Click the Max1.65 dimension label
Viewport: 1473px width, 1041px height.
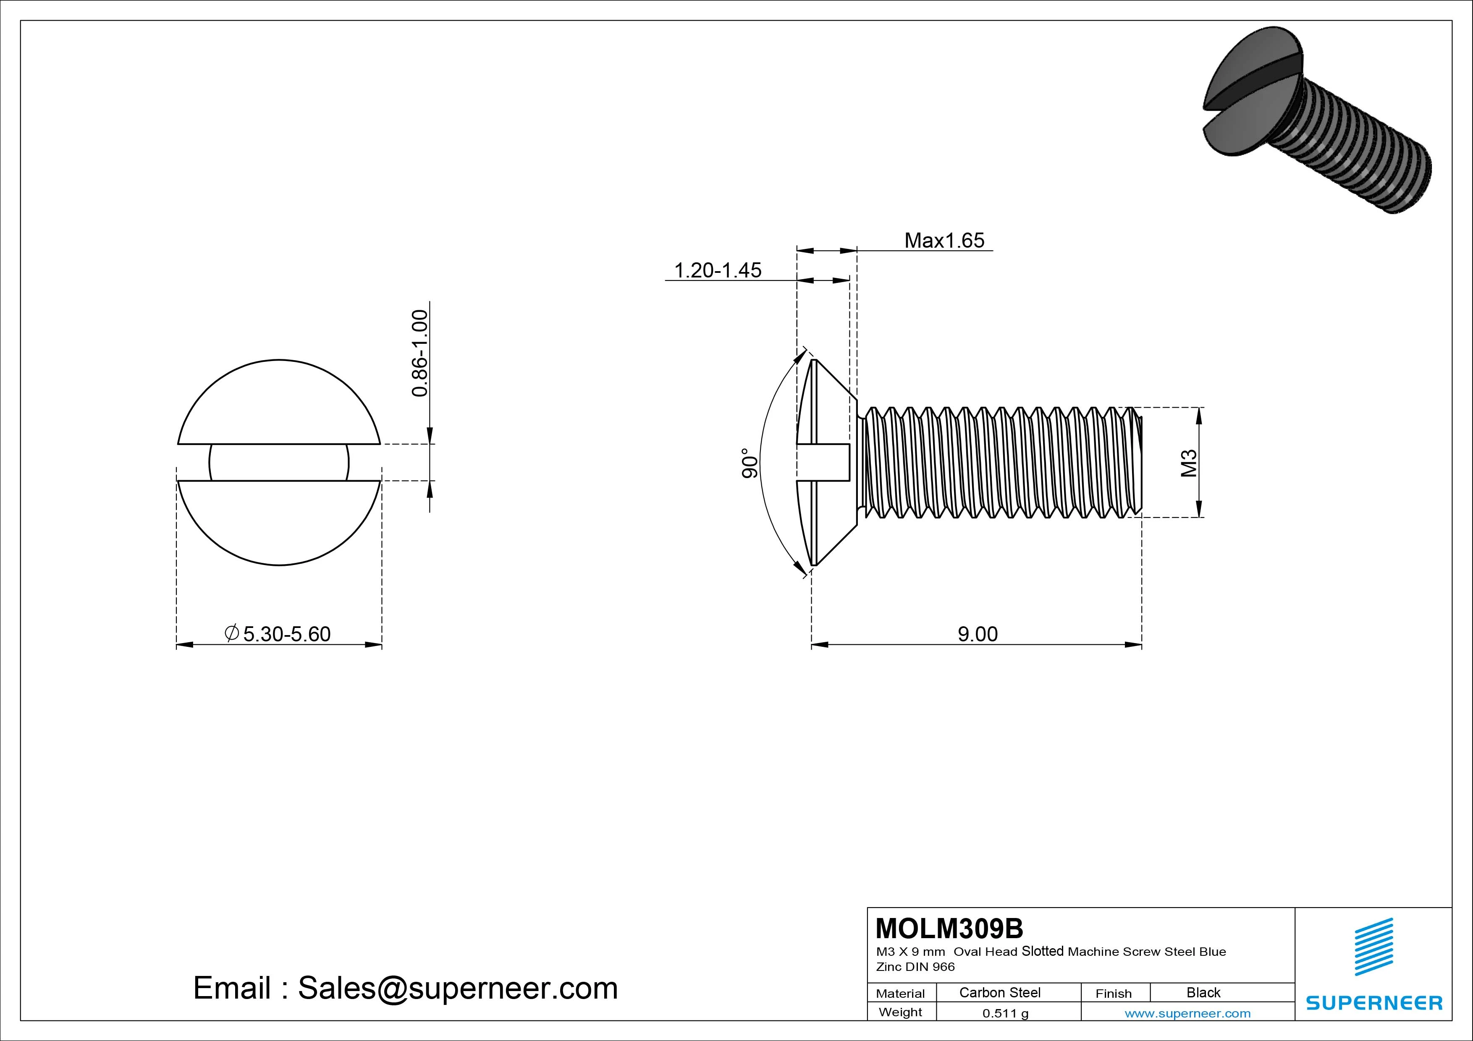coord(944,241)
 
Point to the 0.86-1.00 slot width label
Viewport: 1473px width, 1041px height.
coord(419,353)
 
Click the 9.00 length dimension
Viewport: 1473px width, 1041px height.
coord(977,634)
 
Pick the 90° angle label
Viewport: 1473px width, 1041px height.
coord(750,463)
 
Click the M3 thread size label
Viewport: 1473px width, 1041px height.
coord(1189,463)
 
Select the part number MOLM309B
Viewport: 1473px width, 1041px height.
coord(949,928)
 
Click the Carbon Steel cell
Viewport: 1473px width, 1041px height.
coord(999,992)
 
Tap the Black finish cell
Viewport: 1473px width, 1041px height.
coord(1203,992)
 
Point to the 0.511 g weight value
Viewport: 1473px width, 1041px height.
coord(1005,1013)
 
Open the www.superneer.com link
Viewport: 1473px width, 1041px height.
coord(1187,1013)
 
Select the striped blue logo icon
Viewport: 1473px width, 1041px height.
coord(1373,946)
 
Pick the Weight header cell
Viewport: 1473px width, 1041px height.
coord(900,1012)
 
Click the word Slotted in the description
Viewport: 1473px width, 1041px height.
coord(1043,951)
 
